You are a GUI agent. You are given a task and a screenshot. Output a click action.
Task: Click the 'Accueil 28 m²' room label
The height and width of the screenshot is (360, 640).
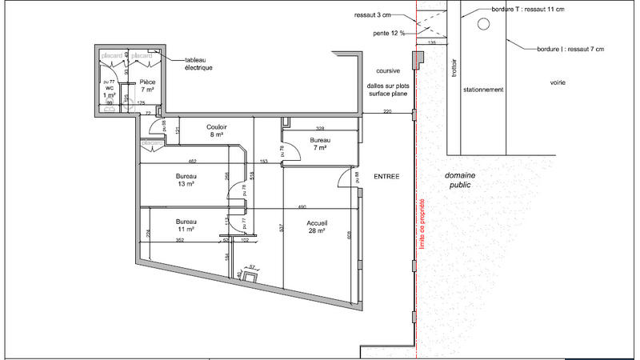[316, 226]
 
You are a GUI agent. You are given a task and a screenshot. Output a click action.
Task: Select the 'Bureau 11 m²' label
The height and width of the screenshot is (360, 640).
[186, 224]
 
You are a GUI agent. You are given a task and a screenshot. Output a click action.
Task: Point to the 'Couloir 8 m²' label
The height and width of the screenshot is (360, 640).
[217, 131]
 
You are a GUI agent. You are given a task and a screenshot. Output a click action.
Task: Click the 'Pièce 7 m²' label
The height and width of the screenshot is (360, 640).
[147, 86]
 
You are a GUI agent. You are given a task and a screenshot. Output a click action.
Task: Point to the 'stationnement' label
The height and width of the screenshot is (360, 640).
[484, 90]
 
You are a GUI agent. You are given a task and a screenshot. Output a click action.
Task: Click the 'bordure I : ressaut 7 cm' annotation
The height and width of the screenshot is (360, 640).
[570, 49]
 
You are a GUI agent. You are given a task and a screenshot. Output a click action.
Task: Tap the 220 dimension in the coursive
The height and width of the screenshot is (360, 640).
[387, 111]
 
